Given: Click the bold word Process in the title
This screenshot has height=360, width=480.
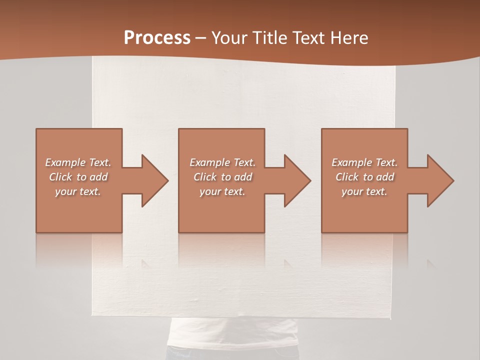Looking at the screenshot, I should coord(157,38).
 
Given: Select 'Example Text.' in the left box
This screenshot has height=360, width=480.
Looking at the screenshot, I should coord(78,162).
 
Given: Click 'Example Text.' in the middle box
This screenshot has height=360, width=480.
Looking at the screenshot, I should coord(222,162).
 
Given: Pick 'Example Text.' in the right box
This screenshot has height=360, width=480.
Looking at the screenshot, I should coord(364,162).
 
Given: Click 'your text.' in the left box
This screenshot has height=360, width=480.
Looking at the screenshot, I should coord(78,191).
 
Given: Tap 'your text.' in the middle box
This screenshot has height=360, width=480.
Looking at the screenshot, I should coord(222,191).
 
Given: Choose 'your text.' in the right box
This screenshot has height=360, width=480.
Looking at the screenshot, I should coord(364,191).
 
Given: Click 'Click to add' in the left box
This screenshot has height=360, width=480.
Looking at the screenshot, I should coord(78,177).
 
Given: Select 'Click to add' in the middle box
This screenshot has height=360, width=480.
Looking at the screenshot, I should coord(222,177).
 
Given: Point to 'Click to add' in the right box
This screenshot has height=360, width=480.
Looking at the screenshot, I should coord(364,177).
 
